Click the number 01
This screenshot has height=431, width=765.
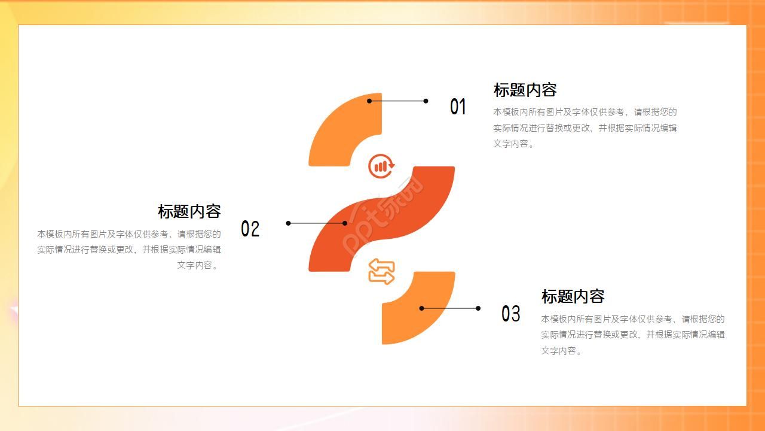click(458, 107)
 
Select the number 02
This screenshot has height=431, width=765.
click(250, 229)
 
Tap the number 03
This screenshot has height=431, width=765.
click(510, 313)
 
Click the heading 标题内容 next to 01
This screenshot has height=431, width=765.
click(525, 90)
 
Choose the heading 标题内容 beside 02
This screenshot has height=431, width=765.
click(189, 211)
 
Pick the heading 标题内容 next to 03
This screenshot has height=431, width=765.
click(573, 296)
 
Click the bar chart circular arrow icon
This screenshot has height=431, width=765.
click(381, 166)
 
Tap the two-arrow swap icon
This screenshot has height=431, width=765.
click(381, 272)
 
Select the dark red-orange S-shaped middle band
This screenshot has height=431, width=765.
click(381, 219)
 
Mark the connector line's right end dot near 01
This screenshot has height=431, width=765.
click(426, 101)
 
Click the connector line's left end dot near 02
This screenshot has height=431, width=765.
click(288, 223)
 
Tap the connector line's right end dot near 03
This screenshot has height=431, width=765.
click(478, 308)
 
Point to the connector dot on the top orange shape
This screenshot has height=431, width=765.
click(369, 101)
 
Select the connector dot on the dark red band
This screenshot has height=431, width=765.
click(345, 223)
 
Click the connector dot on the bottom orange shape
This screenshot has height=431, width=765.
click(422, 308)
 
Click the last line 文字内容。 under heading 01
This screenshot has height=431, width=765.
click(513, 144)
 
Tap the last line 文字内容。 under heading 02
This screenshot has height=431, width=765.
click(198, 265)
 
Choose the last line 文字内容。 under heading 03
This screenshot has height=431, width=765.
click(561, 351)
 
